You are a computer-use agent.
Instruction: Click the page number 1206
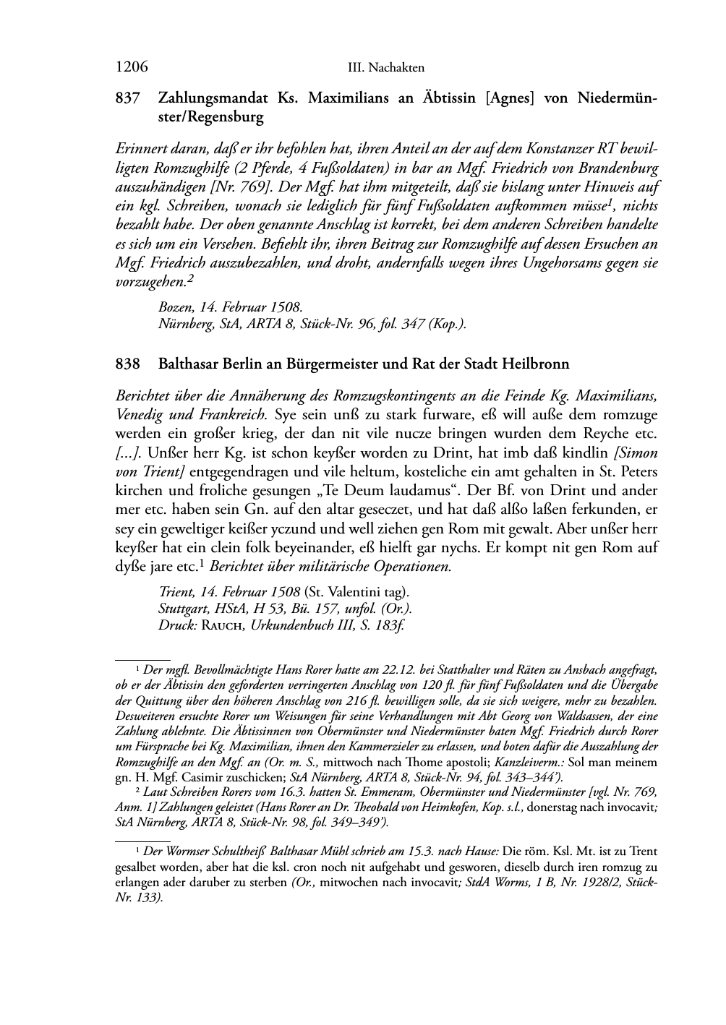click(132, 67)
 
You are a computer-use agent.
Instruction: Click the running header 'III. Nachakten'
click(385, 68)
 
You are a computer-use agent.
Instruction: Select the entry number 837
click(127, 98)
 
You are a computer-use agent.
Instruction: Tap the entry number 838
click(127, 364)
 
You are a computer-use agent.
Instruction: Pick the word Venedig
click(139, 415)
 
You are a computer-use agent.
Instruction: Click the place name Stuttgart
click(182, 609)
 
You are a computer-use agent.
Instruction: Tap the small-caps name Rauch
click(223, 625)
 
